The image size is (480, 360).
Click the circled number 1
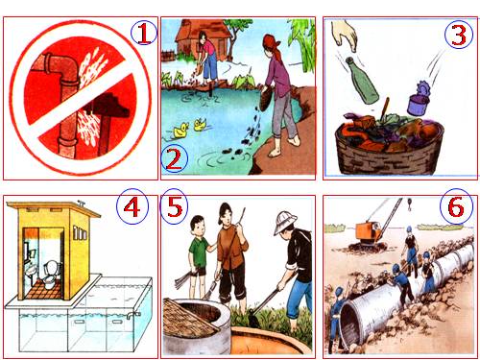(144, 34)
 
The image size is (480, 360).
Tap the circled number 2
(175, 159)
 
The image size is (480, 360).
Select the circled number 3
(459, 35)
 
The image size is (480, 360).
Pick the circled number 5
(175, 206)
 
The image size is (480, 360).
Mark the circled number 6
(456, 206)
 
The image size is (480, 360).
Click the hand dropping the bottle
(345, 35)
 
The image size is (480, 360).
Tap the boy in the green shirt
(199, 257)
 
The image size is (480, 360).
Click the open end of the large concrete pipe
(350, 324)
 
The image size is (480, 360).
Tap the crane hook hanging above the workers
(409, 204)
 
